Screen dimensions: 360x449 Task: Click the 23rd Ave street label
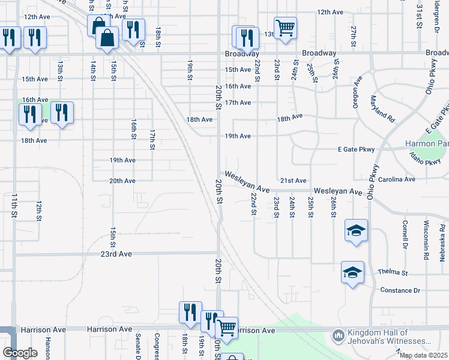coord(116,254)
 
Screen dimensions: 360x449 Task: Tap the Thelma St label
coord(393,272)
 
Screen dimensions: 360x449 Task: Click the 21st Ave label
coord(293,181)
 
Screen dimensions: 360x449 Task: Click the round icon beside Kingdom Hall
coord(338,334)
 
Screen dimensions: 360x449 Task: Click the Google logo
coord(20,353)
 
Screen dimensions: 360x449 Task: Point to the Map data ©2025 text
coord(423,356)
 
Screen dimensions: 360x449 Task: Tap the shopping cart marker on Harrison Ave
coord(226,327)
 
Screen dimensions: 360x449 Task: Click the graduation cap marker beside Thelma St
coord(352,272)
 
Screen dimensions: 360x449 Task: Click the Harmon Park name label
coord(426,144)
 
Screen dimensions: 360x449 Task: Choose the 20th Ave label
coord(122,181)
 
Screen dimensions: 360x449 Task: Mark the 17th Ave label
coord(238,103)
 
